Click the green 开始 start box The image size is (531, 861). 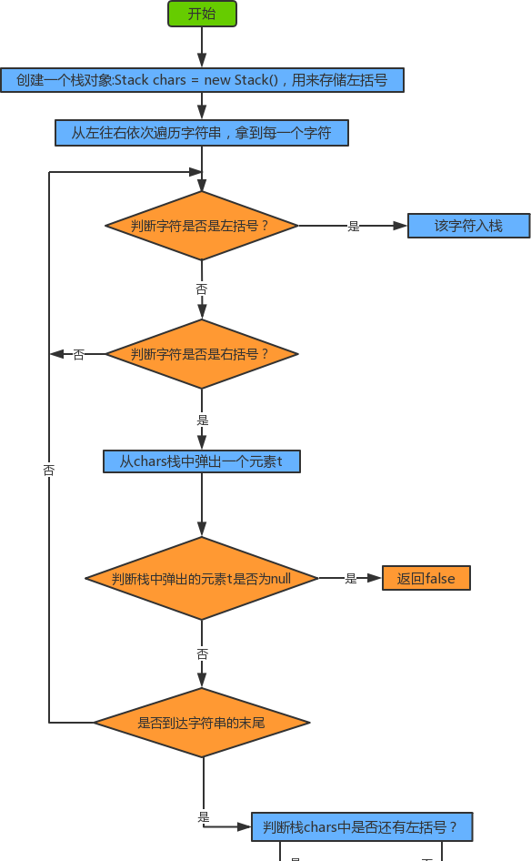pos(202,14)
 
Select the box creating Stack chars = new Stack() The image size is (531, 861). pos(202,80)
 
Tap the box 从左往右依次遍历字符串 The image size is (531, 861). pos(202,133)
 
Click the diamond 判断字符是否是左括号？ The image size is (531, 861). pos(202,226)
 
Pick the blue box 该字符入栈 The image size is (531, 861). pos(468,226)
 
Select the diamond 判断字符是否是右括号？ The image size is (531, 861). pos(202,354)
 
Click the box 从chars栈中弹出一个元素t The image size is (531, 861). pos(202,461)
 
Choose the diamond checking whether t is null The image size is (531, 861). pos(202,578)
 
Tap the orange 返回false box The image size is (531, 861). pos(426,578)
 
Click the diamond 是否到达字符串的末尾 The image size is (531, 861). pos(202,723)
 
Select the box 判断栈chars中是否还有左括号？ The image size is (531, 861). pos(361,827)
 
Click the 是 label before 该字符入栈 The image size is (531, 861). pos(354,227)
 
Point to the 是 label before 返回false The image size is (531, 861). pos(351,579)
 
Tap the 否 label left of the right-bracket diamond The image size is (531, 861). pos(79,355)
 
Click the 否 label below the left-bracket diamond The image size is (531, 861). pos(202,289)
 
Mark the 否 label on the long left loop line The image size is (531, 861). pos(49,471)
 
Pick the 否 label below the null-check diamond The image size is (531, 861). pos(202,654)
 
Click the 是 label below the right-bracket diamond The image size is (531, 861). pos(203,420)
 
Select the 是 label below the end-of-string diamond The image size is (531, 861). pos(204,817)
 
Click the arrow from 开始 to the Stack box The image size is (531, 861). pos(202,47)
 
